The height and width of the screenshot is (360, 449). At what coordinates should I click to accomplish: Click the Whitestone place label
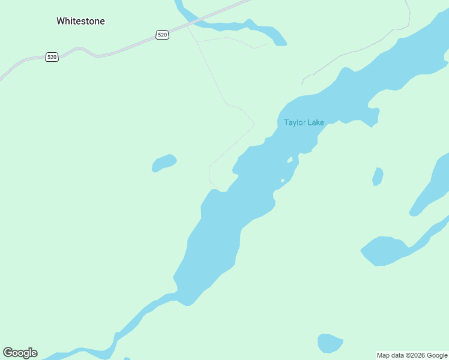click(x=80, y=21)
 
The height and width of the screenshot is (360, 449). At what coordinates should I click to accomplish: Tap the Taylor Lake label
click(x=304, y=122)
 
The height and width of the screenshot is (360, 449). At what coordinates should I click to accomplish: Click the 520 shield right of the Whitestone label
click(x=162, y=35)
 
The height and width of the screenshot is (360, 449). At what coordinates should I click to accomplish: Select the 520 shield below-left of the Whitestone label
click(x=52, y=57)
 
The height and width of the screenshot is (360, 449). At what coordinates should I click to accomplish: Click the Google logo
click(x=20, y=353)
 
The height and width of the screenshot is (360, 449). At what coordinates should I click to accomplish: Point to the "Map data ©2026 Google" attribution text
click(x=412, y=355)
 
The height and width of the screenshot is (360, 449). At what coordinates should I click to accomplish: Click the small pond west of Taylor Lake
click(x=164, y=163)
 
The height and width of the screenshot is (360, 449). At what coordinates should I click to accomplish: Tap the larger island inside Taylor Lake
click(x=290, y=160)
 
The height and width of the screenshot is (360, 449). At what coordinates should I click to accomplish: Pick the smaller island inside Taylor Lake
click(x=283, y=181)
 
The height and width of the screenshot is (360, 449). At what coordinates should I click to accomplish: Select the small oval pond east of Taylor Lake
click(x=378, y=176)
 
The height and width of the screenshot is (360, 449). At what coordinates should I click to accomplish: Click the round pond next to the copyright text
click(x=330, y=343)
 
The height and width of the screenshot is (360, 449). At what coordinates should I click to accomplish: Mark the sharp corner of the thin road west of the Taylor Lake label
click(x=254, y=125)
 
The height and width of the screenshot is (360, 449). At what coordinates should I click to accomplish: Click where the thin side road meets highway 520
click(x=187, y=25)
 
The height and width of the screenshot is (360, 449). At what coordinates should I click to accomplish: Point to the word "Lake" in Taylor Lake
click(x=315, y=122)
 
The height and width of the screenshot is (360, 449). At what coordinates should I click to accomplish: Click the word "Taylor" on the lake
click(x=295, y=122)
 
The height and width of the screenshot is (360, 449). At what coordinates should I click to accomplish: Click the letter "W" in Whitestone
click(x=61, y=21)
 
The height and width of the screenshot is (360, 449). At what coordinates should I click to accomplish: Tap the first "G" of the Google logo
click(x=7, y=353)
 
